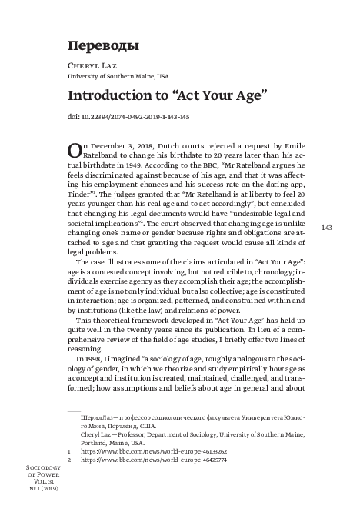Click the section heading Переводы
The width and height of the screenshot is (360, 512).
(103, 45)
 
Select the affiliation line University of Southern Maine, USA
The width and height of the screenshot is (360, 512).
(118, 77)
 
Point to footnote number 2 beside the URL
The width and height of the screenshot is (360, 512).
(70, 460)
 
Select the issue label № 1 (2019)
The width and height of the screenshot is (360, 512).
(41, 488)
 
